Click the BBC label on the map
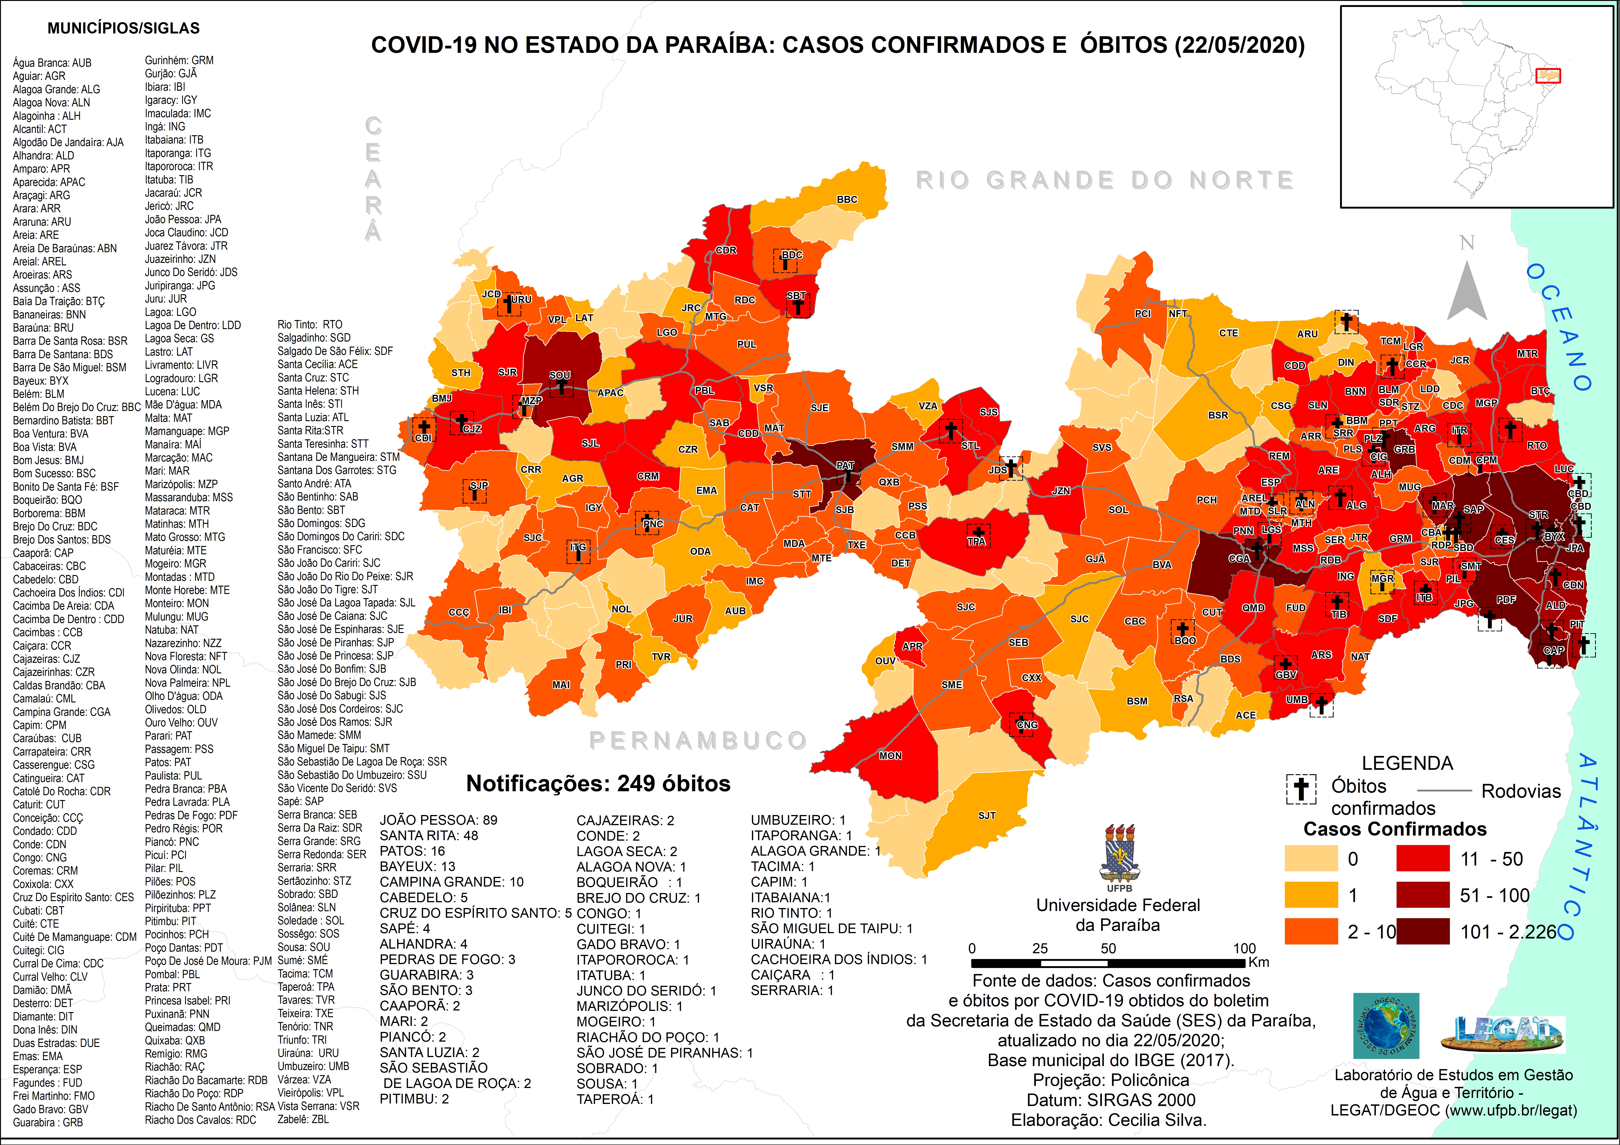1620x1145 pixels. tap(847, 200)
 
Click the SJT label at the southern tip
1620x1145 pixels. tap(986, 815)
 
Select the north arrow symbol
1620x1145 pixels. tap(1467, 289)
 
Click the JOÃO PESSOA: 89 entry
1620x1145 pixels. tap(438, 820)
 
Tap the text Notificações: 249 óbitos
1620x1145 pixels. tap(598, 784)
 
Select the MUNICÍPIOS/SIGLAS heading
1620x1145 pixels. tap(123, 28)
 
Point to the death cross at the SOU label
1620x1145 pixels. tap(561, 387)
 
